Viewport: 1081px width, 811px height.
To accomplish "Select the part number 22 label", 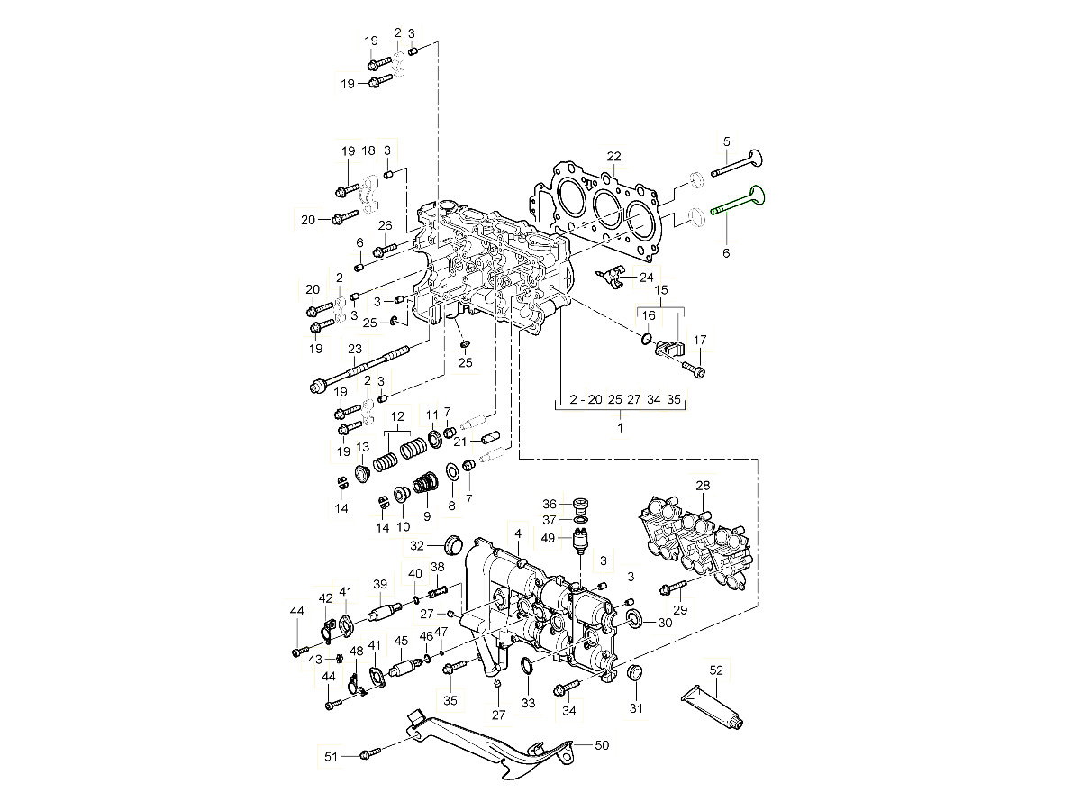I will [613, 156].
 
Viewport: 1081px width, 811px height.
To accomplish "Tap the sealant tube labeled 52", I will [715, 705].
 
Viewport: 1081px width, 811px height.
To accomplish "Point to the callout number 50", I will [603, 745].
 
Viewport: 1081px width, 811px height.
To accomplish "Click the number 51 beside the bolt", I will [331, 756].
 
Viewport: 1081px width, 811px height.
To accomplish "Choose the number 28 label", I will [703, 486].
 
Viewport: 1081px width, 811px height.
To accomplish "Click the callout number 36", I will [550, 504].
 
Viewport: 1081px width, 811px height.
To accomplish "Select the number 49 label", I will [549, 538].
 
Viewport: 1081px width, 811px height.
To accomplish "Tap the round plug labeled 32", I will [454, 544].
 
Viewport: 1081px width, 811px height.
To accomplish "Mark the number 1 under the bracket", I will [620, 427].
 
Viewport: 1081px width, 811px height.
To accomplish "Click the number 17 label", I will [700, 340].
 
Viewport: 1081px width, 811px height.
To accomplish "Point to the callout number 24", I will [647, 278].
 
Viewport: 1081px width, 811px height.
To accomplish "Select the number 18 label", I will [368, 150].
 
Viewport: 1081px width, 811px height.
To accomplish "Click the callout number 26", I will [385, 225].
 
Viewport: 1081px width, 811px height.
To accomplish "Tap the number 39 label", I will [380, 584].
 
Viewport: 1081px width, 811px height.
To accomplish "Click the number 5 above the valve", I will [726, 141].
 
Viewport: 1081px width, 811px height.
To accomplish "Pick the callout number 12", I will [396, 416].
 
